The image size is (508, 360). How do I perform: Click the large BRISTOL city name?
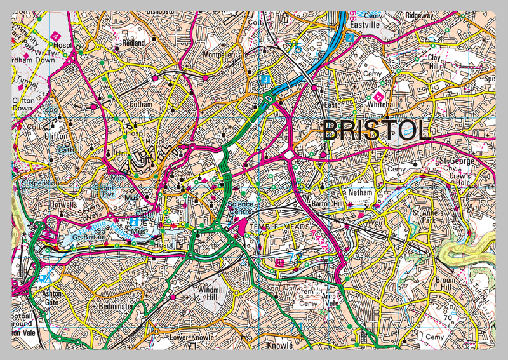377,130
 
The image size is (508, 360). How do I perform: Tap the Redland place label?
133,43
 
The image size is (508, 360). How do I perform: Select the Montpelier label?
218,55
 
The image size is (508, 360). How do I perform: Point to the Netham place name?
360,191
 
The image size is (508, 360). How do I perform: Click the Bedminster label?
115,306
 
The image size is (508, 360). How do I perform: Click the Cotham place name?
140,104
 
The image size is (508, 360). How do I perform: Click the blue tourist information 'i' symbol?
134,222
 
